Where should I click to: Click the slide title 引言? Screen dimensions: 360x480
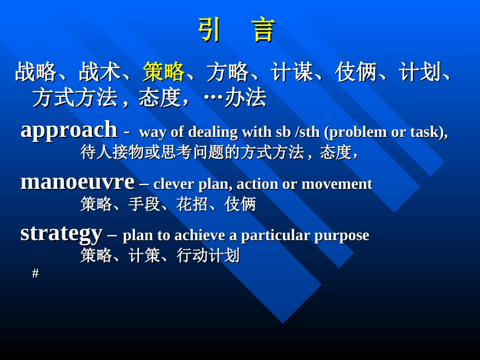(236, 30)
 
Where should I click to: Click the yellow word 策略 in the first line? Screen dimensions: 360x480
(163, 72)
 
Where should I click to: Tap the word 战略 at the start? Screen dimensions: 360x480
(35, 72)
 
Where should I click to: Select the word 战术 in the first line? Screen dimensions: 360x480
(100, 72)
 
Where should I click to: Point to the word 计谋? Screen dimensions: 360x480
(292, 72)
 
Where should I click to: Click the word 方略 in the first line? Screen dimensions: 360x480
(227, 72)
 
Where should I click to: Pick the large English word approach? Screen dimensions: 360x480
(69, 130)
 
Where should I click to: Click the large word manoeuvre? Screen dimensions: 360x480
(77, 182)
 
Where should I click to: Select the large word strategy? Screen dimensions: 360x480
(61, 233)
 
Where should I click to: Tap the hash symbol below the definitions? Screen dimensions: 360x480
(35, 273)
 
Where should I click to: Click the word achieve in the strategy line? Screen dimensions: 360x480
(200, 235)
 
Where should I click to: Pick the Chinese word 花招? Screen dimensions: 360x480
(192, 204)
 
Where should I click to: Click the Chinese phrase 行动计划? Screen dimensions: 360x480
(208, 255)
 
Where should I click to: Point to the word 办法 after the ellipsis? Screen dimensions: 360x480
(245, 97)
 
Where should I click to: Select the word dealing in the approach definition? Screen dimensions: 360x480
(213, 132)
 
